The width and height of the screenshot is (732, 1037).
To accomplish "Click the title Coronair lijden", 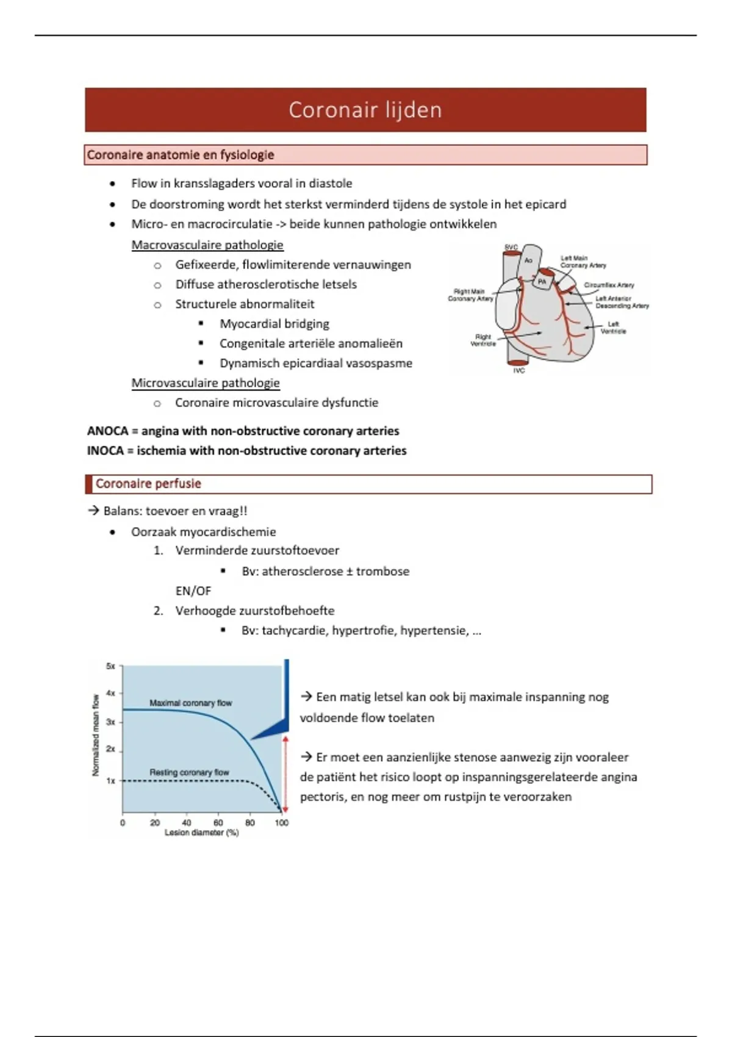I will coord(365,110).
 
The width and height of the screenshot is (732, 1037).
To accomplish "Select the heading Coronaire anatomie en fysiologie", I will coord(181,155).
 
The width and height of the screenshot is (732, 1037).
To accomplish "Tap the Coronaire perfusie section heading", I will coord(148,484).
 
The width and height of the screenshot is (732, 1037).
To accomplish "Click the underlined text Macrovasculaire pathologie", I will coord(207,245).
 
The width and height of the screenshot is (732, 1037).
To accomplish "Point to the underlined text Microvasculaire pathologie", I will coord(206,383).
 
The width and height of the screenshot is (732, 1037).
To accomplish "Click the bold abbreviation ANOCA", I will coord(107,431).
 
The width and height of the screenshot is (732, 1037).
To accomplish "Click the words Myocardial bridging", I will coord(274,324).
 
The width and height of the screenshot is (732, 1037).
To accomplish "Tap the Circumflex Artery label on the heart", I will coord(609,285).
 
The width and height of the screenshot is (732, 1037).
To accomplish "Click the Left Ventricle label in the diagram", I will coord(613,328).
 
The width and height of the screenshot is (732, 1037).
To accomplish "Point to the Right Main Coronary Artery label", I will coord(470,295).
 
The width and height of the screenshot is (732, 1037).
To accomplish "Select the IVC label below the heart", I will coord(518,371).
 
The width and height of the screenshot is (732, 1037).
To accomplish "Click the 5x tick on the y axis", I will coord(110,666).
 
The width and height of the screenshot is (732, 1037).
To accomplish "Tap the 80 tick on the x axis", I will coord(250,822).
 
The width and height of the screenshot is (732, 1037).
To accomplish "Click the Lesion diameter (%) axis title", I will coord(201,833).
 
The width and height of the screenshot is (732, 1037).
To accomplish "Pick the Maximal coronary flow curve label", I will coord(190,703).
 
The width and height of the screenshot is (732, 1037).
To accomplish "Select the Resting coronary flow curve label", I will coord(189,772).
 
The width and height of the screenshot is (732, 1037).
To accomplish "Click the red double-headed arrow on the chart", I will coord(285,773).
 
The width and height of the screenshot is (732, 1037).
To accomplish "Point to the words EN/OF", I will coord(193,591).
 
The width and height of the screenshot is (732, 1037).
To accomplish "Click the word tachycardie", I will coord(295,631).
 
